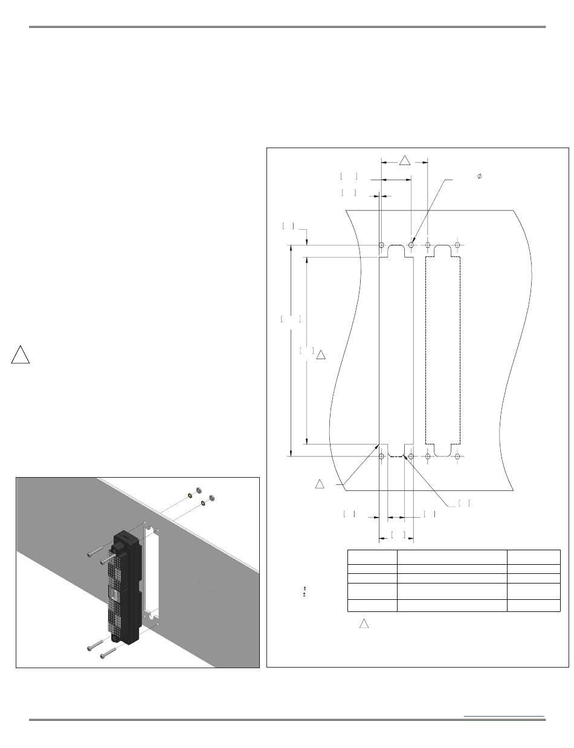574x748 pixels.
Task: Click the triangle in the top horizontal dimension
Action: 405,161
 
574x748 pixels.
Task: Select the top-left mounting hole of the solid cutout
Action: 381,245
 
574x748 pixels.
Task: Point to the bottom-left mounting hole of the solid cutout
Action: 381,456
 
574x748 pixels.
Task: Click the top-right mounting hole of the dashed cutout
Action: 457,245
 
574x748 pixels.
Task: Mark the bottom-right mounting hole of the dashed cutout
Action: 457,456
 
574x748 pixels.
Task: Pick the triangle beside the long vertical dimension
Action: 321,354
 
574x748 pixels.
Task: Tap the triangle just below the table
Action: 364,623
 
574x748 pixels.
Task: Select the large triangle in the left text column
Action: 20,355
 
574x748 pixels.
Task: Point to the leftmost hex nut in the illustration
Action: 199,491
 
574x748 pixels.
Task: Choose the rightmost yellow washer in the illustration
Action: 202,502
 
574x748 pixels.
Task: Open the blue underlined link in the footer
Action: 504,717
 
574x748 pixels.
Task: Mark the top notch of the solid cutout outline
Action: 396,250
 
